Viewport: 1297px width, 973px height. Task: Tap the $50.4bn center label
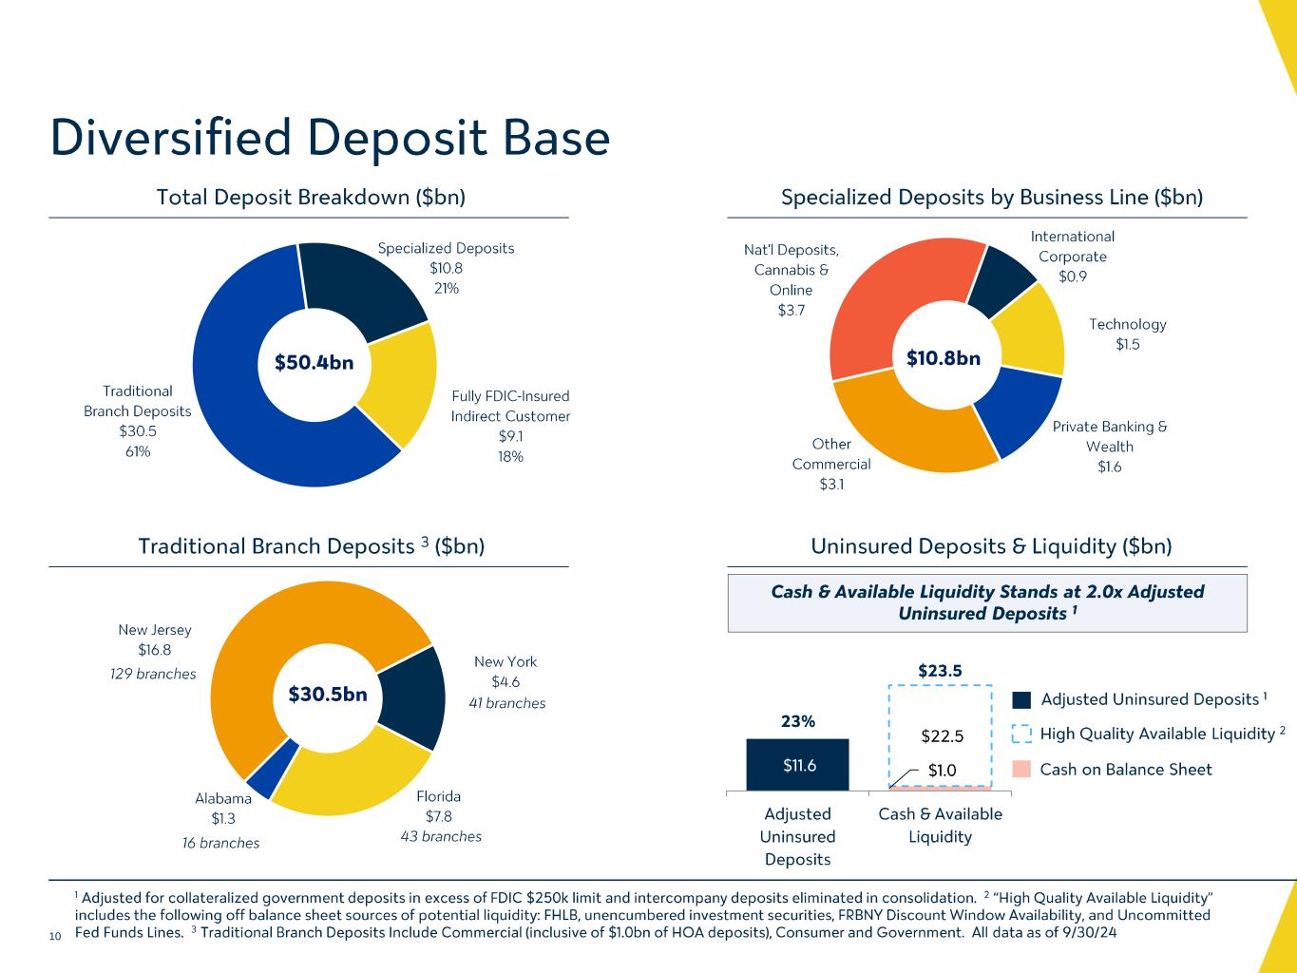[x=314, y=362]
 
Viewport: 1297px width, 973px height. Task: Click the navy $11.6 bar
[x=798, y=765]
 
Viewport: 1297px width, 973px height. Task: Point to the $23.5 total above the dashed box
[x=940, y=671]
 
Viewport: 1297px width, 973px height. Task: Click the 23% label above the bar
[x=798, y=721]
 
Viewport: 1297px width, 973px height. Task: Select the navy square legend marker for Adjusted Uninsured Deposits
[x=1021, y=700]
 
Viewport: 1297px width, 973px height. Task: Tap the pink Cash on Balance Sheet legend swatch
[x=1021, y=770]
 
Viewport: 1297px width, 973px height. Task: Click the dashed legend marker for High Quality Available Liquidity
[x=1021, y=735]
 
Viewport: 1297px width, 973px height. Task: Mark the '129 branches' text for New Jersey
[x=153, y=675]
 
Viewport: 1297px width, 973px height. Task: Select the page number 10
[x=54, y=937]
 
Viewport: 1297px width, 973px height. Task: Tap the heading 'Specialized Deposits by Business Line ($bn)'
[x=992, y=198]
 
